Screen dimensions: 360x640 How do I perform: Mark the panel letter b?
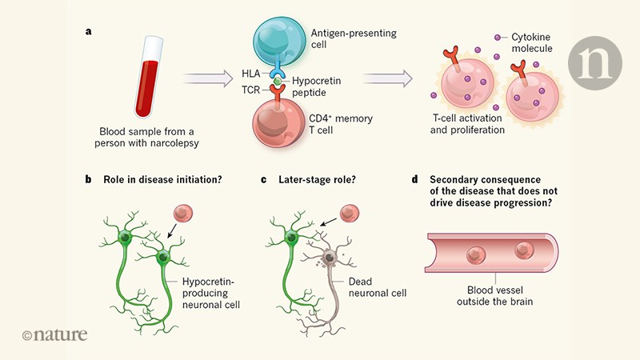pos(88,180)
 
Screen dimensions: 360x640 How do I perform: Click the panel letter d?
pos(415,180)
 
